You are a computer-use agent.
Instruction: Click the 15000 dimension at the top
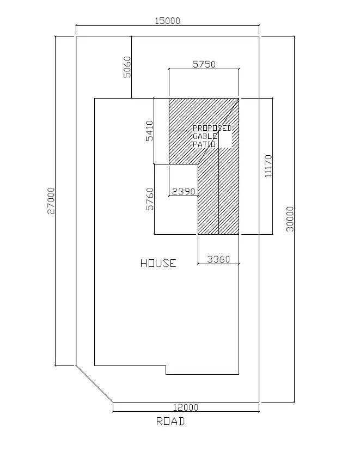tap(167, 21)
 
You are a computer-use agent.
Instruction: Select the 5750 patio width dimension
tap(204, 64)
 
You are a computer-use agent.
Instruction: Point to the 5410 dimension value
tap(150, 131)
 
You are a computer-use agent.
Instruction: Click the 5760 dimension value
tap(150, 199)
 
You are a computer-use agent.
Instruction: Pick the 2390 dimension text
tap(183, 191)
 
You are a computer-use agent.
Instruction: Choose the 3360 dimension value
tap(219, 259)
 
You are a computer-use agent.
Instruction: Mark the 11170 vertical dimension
tap(268, 166)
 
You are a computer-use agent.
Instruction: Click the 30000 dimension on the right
tap(290, 218)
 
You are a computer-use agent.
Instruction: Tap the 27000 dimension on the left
tap(51, 201)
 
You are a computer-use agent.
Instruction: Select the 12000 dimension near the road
tap(186, 407)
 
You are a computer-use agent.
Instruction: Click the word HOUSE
tap(158, 264)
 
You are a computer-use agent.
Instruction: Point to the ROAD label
tap(170, 421)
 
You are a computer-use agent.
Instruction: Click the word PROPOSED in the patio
tap(212, 128)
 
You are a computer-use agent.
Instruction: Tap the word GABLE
tap(205, 136)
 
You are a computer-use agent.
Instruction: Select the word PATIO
tap(204, 144)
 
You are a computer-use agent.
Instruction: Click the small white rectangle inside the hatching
tap(225, 139)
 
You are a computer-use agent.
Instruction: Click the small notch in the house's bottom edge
tap(166, 370)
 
